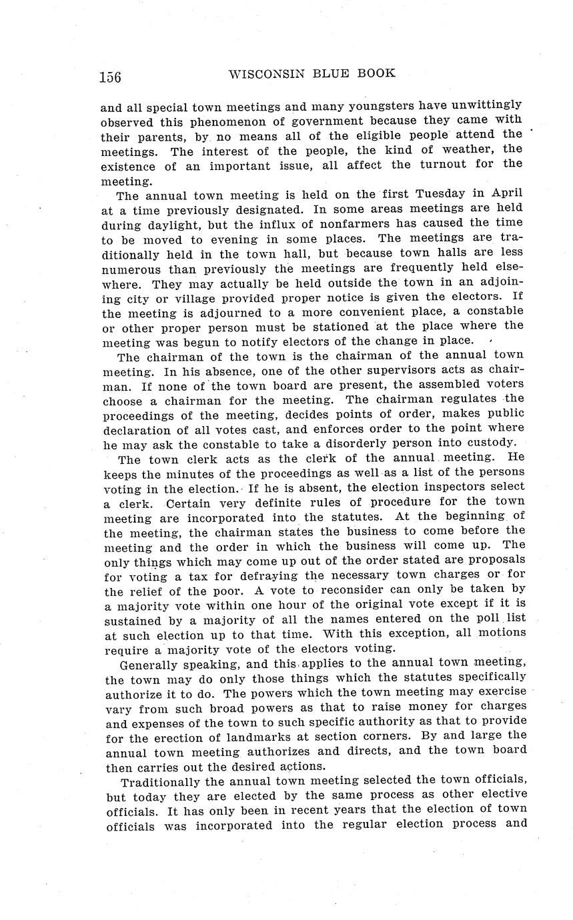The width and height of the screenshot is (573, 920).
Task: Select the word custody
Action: point(491,443)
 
